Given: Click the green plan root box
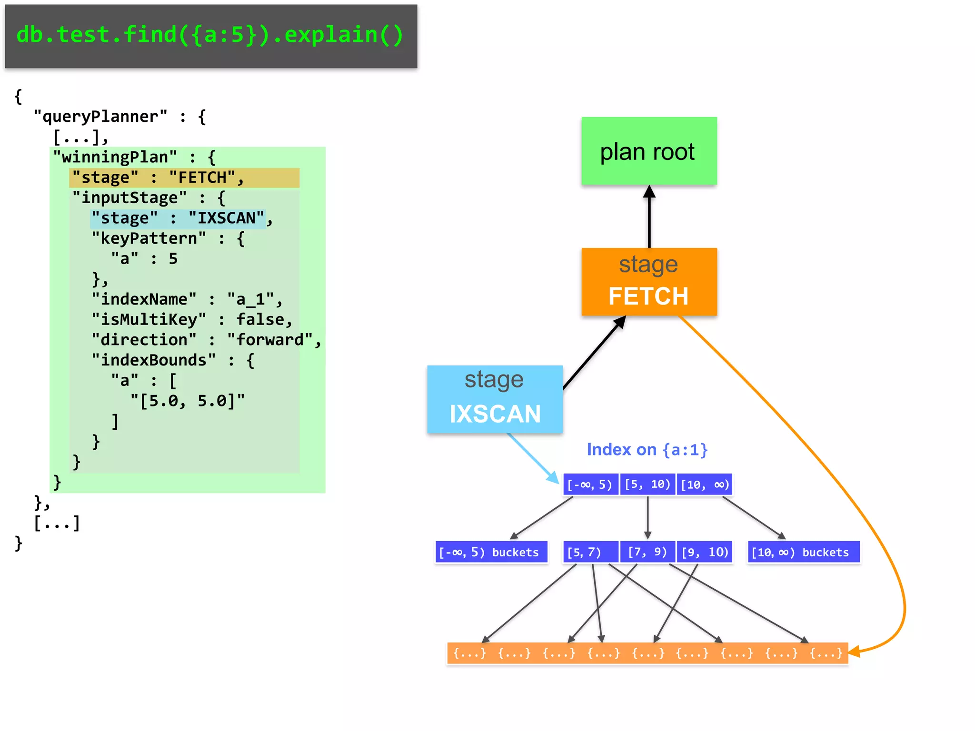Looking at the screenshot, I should (x=648, y=151).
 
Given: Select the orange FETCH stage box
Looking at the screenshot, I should (x=648, y=281).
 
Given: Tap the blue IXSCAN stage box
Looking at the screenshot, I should (x=495, y=399).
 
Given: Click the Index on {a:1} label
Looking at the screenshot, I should (x=647, y=449).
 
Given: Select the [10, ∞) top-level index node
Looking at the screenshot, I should (x=704, y=484).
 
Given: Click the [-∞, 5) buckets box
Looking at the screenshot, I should (x=491, y=552).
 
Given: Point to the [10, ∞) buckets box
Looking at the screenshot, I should (x=803, y=552).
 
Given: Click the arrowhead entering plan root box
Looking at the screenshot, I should (x=649, y=192).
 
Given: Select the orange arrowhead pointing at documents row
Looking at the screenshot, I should (x=855, y=651).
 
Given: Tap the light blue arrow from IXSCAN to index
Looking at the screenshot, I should (x=533, y=458).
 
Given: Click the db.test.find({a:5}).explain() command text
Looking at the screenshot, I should (x=210, y=35).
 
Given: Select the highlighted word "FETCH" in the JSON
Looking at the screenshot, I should (x=202, y=178).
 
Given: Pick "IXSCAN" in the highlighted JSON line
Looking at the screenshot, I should (x=227, y=218).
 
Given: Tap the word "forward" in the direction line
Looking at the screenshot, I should (x=270, y=340).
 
